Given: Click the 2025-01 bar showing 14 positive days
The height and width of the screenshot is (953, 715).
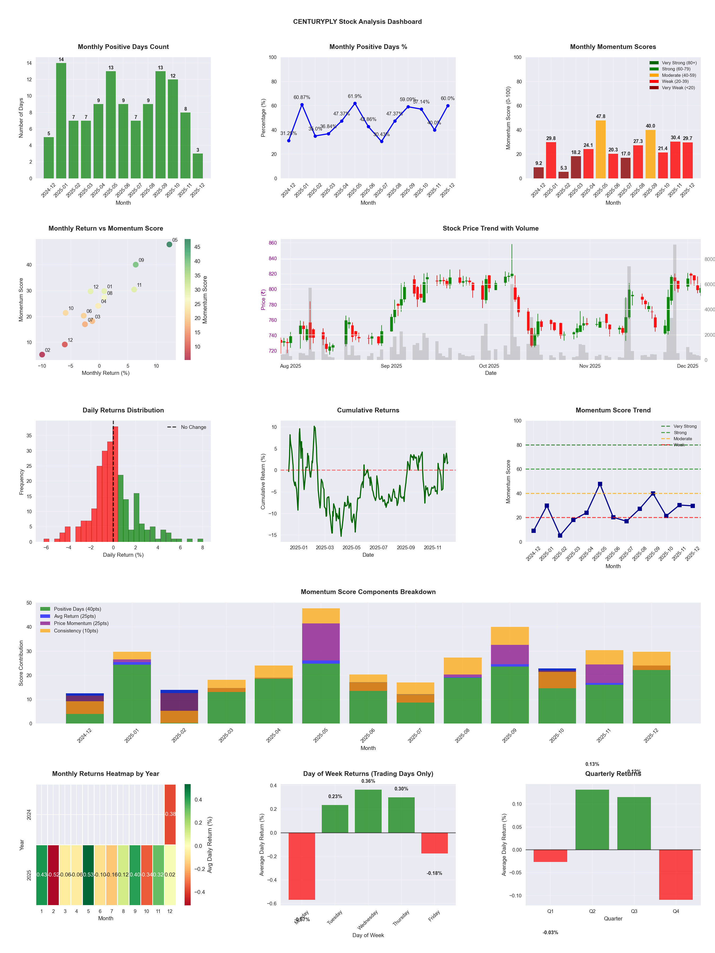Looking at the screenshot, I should [x=61, y=121].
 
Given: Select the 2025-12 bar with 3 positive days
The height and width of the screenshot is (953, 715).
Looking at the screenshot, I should [x=198, y=166].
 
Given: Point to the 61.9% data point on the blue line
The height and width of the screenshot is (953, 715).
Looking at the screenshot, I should [x=355, y=104].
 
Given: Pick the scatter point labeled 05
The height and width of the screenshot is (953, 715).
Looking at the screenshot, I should [x=169, y=244].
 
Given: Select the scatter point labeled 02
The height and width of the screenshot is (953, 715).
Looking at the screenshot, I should [x=42, y=354].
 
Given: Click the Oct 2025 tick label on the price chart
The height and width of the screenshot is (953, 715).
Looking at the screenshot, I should [x=489, y=366].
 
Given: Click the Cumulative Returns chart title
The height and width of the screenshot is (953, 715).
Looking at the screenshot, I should [x=368, y=410].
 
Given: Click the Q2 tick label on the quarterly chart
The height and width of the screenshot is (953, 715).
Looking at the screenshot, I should [x=592, y=911].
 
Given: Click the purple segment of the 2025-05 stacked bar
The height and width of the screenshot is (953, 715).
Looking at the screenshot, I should [x=321, y=642].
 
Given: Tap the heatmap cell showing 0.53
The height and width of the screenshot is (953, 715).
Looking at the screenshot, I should [x=88, y=875].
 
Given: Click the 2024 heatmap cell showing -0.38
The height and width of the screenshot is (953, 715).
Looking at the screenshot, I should [x=170, y=814].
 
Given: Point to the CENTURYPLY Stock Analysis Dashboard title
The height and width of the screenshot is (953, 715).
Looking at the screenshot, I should [x=357, y=21].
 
